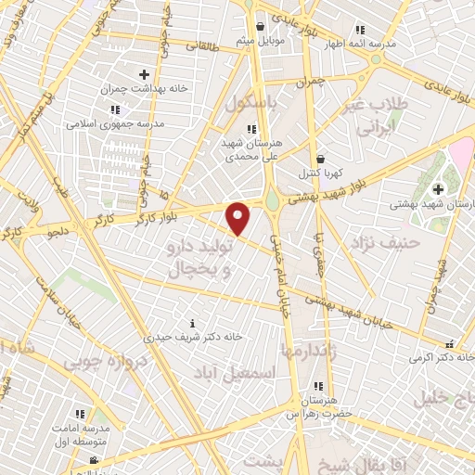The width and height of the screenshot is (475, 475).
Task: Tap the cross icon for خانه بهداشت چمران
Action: click(x=144, y=74)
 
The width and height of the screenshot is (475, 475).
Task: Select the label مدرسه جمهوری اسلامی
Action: click(x=114, y=122)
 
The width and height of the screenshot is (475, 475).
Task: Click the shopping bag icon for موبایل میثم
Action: click(x=260, y=26)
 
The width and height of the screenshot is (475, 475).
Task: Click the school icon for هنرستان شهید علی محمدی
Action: click(x=250, y=129)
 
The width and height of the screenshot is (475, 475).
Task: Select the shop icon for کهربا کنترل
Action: click(x=320, y=159)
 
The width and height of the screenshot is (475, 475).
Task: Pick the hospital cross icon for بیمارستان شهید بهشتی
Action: click(x=438, y=189)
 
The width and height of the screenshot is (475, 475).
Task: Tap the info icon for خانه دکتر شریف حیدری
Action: click(x=192, y=324)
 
